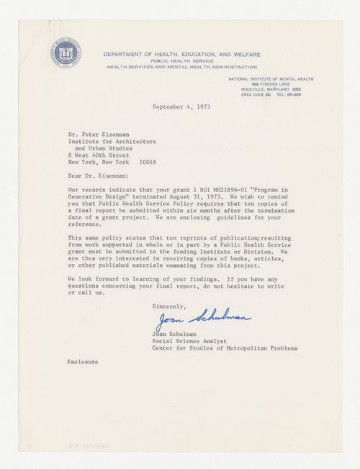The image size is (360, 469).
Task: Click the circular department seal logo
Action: click(x=65, y=53)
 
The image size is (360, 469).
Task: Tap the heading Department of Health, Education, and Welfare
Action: click(x=181, y=54)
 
